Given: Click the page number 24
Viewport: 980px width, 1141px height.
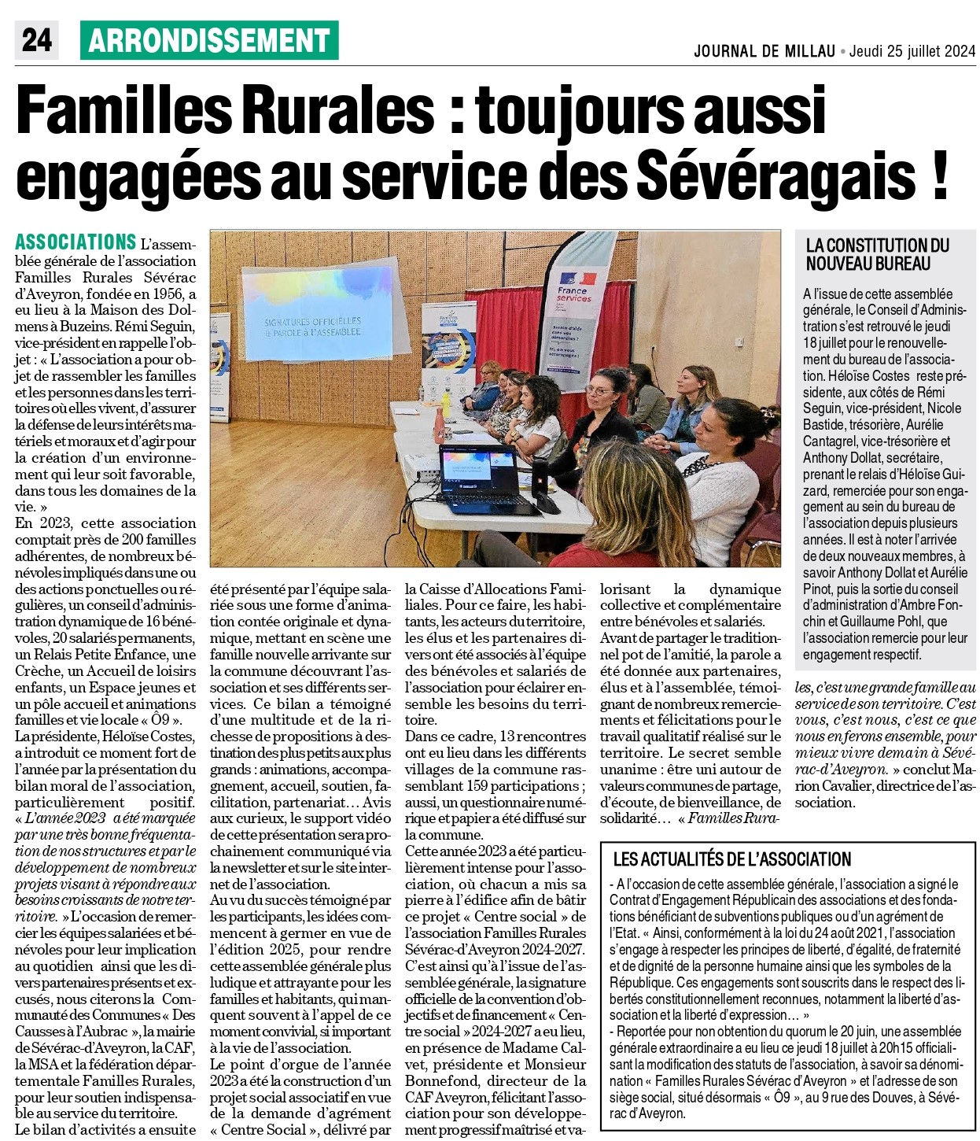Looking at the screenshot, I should click(x=36, y=41).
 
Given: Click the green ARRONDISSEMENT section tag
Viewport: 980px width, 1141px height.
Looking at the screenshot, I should click(x=209, y=41).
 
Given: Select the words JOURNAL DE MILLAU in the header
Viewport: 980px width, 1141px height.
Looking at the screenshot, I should click(x=764, y=52).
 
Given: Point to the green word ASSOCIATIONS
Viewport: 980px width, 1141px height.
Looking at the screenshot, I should click(x=76, y=242).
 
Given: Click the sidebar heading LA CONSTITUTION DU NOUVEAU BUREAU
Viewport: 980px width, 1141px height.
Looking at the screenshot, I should click(x=877, y=254).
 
